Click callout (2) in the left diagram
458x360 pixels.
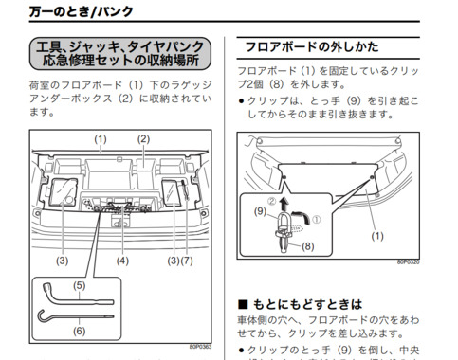tap(144, 138)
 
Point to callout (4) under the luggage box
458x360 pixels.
tap(121, 260)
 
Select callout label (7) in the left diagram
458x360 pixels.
tap(187, 260)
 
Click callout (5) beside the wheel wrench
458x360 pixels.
tap(78, 284)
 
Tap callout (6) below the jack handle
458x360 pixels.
tap(78, 331)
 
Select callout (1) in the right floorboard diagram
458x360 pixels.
tap(378, 235)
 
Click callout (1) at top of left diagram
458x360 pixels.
tap(101, 138)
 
